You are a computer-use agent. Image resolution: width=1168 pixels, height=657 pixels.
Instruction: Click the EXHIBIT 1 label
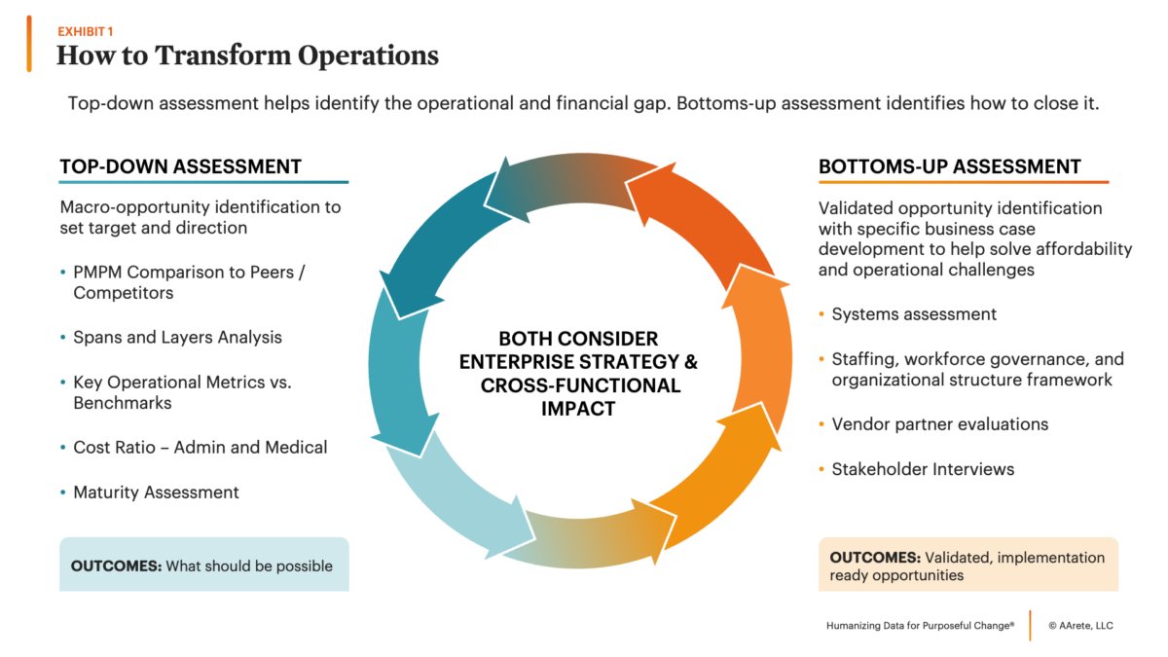click(85, 32)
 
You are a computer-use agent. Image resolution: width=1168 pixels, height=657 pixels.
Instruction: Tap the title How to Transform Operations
click(247, 55)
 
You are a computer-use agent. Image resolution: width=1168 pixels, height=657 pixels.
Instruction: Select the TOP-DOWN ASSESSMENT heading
click(180, 166)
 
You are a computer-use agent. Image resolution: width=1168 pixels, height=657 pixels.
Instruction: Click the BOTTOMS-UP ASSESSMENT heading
click(950, 166)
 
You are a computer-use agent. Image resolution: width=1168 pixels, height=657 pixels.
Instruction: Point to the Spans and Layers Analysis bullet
click(177, 338)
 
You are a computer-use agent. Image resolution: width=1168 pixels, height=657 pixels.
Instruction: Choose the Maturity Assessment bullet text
click(156, 493)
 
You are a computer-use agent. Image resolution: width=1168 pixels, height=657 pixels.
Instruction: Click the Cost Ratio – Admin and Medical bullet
click(201, 448)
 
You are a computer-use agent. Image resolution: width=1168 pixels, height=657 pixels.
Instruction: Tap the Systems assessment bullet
click(914, 314)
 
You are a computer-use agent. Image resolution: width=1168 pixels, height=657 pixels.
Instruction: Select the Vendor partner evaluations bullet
click(939, 424)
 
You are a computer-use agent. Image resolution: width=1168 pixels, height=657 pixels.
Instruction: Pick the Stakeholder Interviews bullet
click(923, 469)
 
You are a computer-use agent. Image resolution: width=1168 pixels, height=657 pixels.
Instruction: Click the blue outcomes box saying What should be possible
click(203, 565)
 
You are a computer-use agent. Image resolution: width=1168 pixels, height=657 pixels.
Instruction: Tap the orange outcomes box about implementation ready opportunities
click(968, 565)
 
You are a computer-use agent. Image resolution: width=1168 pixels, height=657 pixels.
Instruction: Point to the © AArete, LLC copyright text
click(1080, 626)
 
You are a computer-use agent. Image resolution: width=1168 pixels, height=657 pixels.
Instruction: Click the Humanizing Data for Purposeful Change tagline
click(921, 626)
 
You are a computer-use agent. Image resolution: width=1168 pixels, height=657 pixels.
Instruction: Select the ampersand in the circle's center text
click(690, 362)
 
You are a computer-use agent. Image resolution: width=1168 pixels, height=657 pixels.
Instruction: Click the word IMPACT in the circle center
click(578, 409)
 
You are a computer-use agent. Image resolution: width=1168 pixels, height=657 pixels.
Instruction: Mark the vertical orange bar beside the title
click(29, 44)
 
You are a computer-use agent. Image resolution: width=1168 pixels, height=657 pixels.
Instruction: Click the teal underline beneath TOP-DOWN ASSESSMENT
click(203, 182)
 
